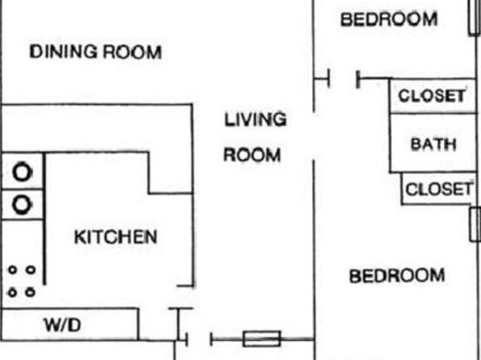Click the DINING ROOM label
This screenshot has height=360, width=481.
[x=95, y=52]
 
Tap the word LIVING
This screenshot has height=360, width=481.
[x=256, y=119]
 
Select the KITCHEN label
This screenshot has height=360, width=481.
[x=115, y=237]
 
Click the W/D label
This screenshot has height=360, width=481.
[x=63, y=324]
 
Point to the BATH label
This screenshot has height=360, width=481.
[x=433, y=144]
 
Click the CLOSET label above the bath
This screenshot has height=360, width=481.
[x=432, y=96]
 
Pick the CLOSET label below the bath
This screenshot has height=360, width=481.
[x=439, y=189]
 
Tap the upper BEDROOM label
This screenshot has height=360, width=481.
[x=389, y=19]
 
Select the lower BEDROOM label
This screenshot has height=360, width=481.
[x=397, y=275]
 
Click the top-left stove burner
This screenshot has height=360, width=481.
[x=12, y=270]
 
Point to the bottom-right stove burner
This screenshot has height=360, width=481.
[x=30, y=292]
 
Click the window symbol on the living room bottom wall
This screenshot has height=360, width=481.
[x=261, y=339]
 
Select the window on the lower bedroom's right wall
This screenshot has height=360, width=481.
[x=475, y=224]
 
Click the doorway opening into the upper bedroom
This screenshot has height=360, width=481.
[x=343, y=78]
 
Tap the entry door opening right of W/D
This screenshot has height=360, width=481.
[x=199, y=340]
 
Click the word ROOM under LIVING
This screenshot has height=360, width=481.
[x=252, y=155]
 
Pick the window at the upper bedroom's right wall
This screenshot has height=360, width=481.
[x=475, y=17]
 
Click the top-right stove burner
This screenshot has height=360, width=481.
[x=31, y=270]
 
